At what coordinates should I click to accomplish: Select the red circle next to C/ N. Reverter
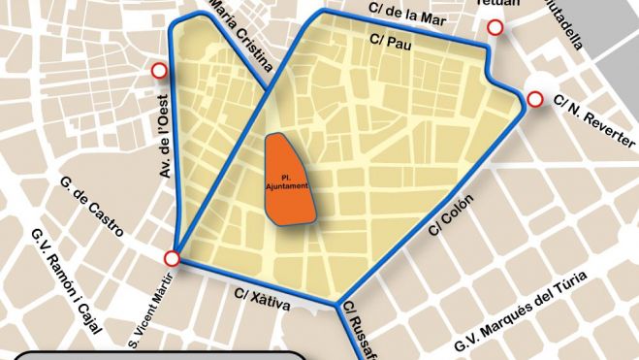(533, 98)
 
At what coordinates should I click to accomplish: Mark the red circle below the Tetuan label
(495, 29)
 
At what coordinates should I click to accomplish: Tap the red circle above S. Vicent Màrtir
(173, 258)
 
